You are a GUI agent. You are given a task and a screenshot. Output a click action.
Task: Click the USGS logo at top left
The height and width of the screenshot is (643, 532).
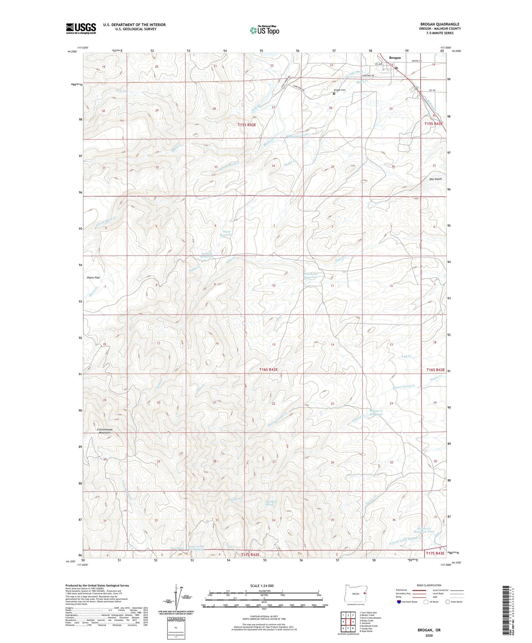[x=81, y=28]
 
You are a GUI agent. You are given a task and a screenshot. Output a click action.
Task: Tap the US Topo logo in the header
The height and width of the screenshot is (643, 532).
[x=264, y=30]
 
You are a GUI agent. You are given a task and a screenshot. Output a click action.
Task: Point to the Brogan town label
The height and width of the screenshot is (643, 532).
[x=395, y=58]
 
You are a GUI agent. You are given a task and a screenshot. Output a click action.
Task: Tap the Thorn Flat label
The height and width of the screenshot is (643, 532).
[x=93, y=277]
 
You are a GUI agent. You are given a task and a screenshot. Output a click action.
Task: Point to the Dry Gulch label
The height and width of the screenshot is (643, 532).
[x=435, y=179]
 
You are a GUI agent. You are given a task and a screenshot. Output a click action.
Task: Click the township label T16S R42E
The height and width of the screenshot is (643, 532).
[x=268, y=369]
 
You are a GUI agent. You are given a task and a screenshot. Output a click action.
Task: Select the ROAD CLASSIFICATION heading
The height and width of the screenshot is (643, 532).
[x=429, y=585]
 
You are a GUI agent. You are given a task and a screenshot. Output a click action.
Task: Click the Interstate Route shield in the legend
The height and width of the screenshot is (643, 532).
[x=399, y=602]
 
